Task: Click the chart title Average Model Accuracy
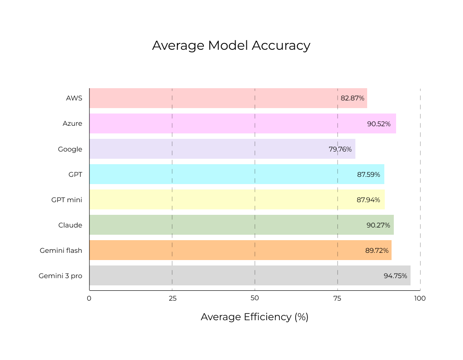click(x=231, y=46)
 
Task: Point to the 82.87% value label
click(x=353, y=98)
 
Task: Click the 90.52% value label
click(x=379, y=123)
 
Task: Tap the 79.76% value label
click(x=340, y=149)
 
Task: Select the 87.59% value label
click(x=369, y=174)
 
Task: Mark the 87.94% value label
click(x=369, y=199)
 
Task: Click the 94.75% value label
click(x=395, y=275)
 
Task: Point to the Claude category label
click(x=70, y=225)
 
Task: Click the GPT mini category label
click(x=67, y=199)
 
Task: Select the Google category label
click(x=70, y=149)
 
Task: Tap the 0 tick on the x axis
click(x=89, y=298)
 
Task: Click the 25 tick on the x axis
click(x=172, y=298)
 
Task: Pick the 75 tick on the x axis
click(x=337, y=298)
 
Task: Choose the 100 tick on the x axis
click(x=420, y=298)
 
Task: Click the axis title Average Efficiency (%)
click(x=255, y=317)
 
